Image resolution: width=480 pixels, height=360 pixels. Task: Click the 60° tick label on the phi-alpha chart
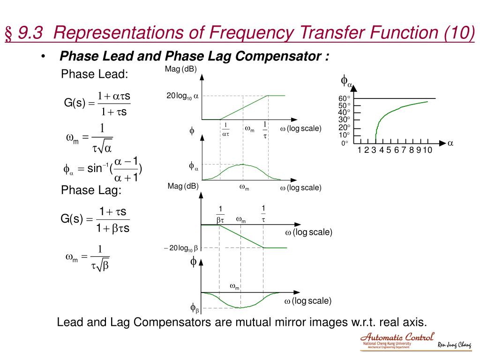coord(345,98)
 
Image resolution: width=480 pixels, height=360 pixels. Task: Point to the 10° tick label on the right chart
coord(345,135)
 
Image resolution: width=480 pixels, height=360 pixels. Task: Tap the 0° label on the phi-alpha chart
coord(345,143)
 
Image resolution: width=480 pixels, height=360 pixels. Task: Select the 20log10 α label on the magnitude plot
coord(183,96)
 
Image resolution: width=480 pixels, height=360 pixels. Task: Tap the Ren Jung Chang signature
coord(455,345)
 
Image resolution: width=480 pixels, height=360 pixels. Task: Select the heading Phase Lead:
coord(95,75)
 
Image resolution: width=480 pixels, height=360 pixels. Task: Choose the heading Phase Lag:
coord(91,190)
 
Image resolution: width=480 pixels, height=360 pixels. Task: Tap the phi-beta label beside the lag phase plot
coord(195,308)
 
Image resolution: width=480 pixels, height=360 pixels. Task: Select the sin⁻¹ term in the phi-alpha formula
coord(97,169)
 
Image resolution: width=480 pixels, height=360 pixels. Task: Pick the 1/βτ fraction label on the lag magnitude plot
coord(220,214)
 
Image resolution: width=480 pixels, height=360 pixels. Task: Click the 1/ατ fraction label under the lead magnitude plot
coord(225,130)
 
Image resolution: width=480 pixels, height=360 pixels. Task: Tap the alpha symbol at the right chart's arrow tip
coord(450,143)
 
